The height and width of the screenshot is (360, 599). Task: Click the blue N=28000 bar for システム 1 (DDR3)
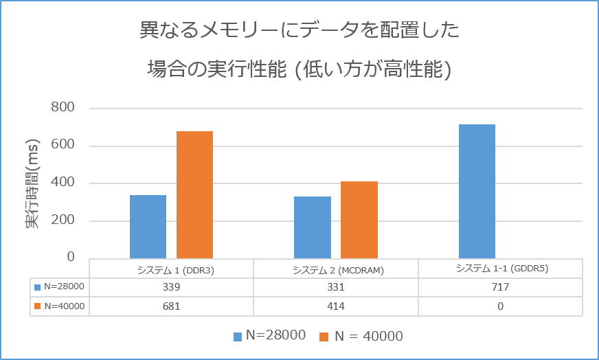click(x=148, y=227)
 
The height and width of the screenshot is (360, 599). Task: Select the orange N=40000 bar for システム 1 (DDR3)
click(x=194, y=194)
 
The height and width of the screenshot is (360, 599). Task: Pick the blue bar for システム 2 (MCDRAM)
click(x=312, y=227)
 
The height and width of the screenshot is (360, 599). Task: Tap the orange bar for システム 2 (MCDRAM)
click(x=359, y=220)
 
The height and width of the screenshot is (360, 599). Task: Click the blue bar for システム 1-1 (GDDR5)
click(x=477, y=191)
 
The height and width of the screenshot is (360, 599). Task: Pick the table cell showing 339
click(x=172, y=287)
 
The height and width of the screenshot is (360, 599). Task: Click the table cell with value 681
click(x=172, y=306)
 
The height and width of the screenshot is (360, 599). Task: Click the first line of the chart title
click(x=299, y=31)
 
